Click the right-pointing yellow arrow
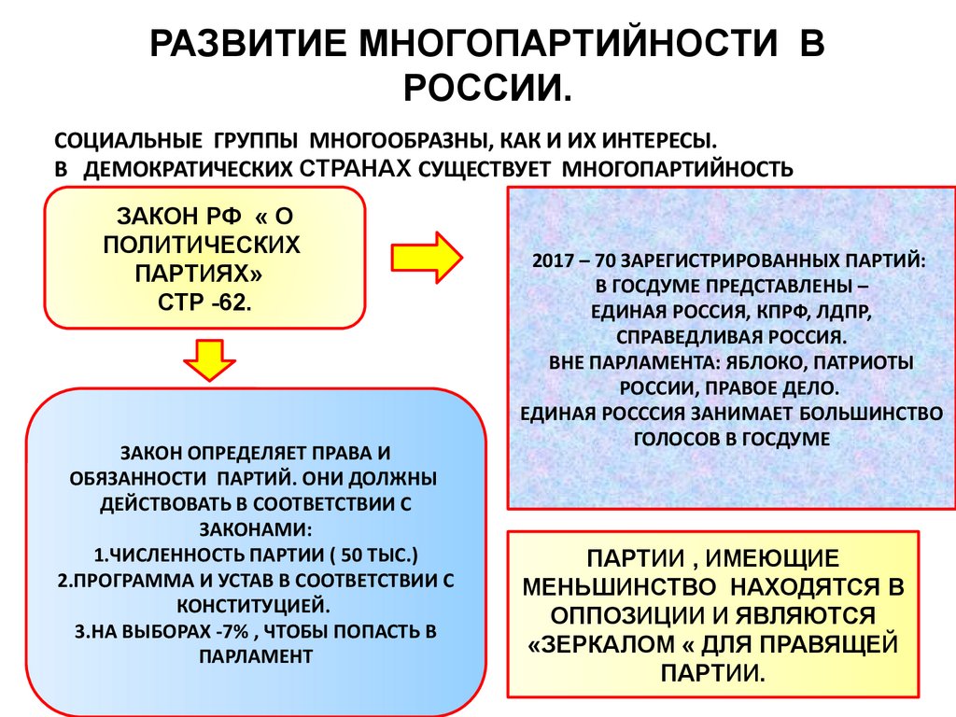point(426,254)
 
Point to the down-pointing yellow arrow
point(209,359)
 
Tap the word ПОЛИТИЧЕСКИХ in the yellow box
point(203,246)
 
